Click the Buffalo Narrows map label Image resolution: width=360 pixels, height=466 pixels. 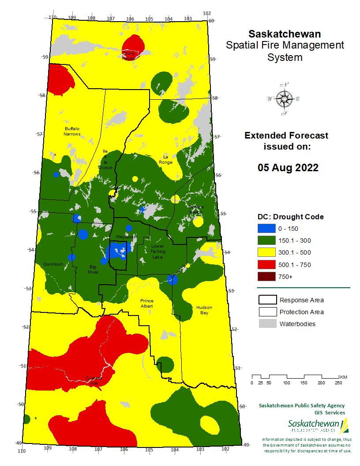click(x=72, y=131)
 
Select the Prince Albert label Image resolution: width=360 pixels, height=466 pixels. click(x=146, y=303)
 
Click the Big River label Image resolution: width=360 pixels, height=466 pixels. click(x=93, y=269)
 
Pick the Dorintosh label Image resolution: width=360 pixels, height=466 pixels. click(x=53, y=264)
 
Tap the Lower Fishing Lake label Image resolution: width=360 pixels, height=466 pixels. click(x=157, y=251)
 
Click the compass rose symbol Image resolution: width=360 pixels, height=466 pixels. click(x=284, y=99)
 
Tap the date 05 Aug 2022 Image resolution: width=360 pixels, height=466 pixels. click(x=288, y=168)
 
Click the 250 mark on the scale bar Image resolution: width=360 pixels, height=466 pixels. click(x=338, y=383)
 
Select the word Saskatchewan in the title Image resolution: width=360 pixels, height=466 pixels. click(x=285, y=34)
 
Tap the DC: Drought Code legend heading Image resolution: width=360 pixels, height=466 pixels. click(x=290, y=217)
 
